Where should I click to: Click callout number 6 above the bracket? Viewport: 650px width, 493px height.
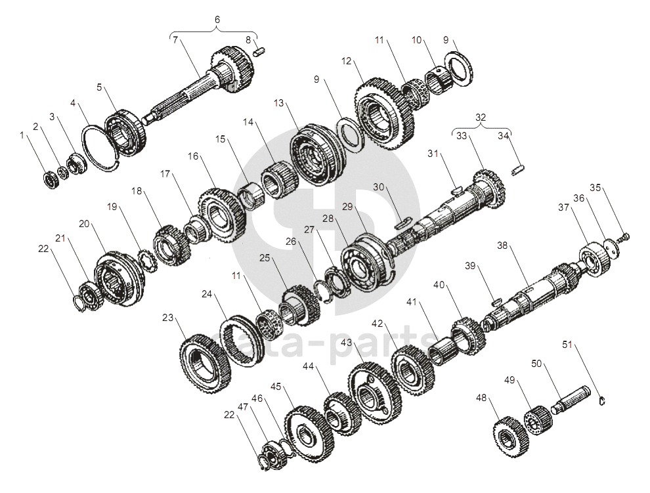[x=217, y=20]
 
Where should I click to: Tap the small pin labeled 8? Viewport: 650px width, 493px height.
[x=259, y=52]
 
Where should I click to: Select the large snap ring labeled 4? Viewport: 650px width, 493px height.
[x=100, y=148]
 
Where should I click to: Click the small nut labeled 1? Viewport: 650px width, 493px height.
[x=51, y=179]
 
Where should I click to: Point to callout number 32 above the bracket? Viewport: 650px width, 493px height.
[x=480, y=118]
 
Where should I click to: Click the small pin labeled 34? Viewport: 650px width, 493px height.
[x=518, y=170]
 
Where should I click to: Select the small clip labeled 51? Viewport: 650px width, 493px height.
[x=603, y=400]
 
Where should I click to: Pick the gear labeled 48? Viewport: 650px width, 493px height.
[x=511, y=437]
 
